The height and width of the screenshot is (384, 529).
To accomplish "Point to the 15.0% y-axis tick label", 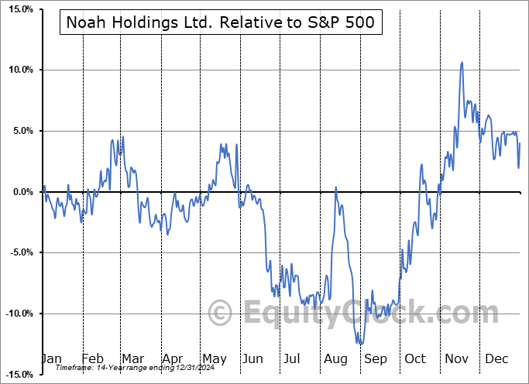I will click(19, 9).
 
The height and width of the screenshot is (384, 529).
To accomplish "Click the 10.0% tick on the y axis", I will click(19, 70).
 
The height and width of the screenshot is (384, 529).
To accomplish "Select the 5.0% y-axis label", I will click(21, 131).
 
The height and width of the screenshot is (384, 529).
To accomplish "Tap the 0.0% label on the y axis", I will click(21, 192).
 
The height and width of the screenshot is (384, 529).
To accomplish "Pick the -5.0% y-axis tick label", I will click(19, 252).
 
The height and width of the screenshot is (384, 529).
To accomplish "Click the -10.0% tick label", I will click(17, 314).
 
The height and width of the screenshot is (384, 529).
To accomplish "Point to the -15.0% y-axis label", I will click(17, 375).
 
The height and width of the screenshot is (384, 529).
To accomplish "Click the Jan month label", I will click(50, 358).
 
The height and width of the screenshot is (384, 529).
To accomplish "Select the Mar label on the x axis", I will click(133, 358).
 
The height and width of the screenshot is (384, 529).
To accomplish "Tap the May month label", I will click(214, 358).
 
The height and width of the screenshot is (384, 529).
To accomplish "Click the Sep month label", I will click(376, 358).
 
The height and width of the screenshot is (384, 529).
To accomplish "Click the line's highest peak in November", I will click(462, 63).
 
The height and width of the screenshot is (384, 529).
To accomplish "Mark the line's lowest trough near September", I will click(360, 344).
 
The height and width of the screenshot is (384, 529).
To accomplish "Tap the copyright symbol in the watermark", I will click(221, 314).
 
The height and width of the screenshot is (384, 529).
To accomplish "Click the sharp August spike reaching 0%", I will click(336, 187).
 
